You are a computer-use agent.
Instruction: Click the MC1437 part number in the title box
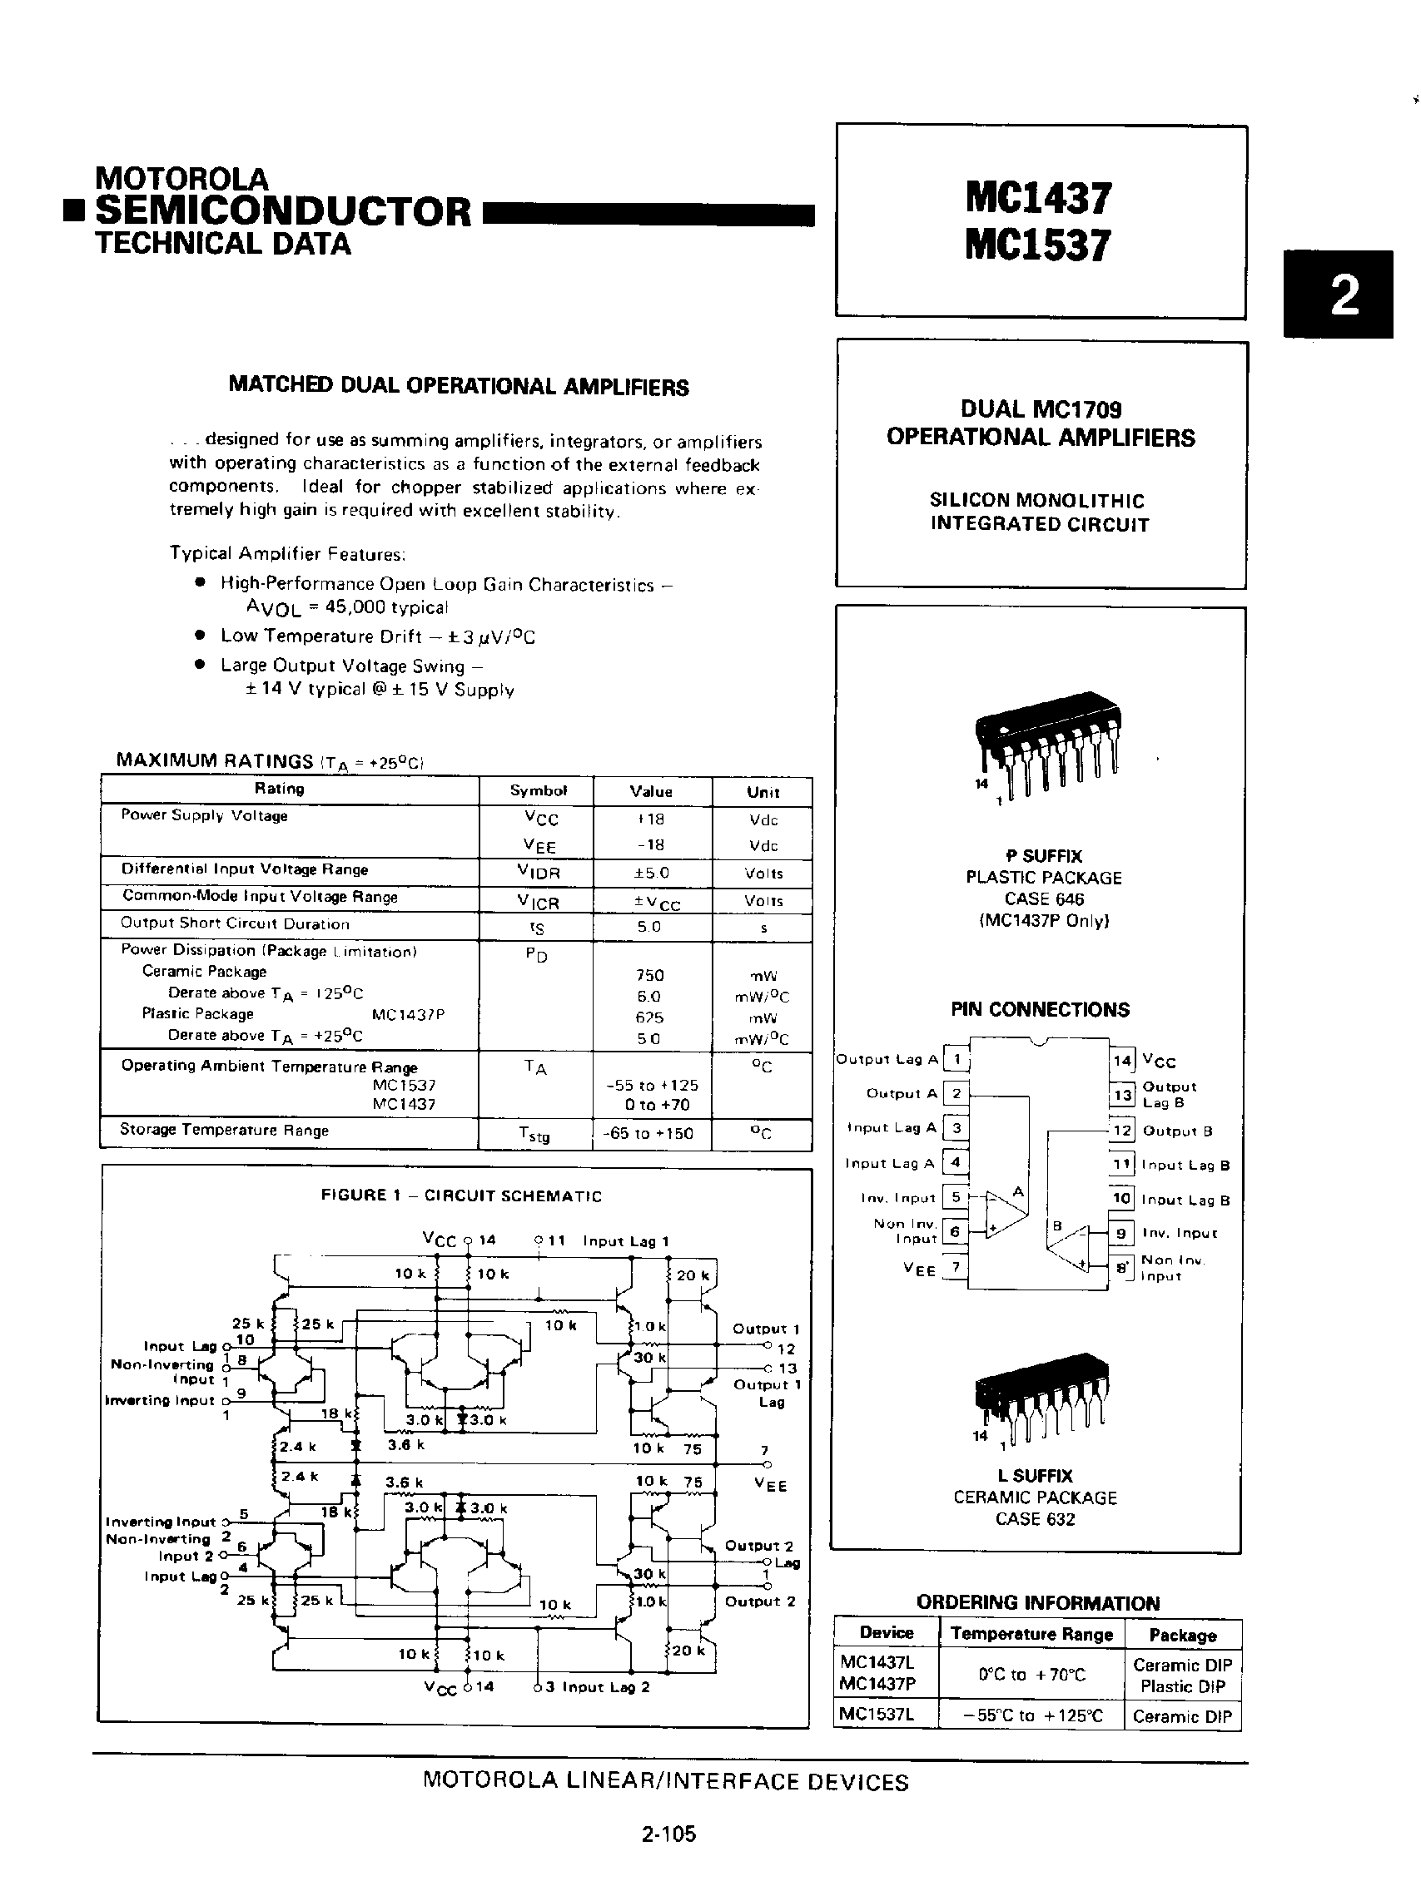coord(1038,198)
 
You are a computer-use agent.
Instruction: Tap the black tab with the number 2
coord(1337,295)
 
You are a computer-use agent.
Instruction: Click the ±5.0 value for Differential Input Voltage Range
coord(651,872)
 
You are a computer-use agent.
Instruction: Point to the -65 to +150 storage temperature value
coord(651,1133)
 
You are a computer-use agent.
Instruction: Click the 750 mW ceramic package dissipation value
coord(650,974)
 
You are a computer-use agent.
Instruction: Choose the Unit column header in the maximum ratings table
coord(763,792)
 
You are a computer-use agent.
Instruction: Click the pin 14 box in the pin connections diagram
coord(1121,1060)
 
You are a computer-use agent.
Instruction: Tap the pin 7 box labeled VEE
coord(956,1267)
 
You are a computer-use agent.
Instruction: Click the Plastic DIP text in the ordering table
coord(1182,1686)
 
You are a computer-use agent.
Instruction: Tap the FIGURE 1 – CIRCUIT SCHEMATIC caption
coord(460,1195)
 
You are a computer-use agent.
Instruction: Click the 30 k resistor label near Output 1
coord(648,1358)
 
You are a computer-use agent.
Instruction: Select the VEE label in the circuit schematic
coord(770,1484)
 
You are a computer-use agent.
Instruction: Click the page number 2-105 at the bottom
coord(668,1834)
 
